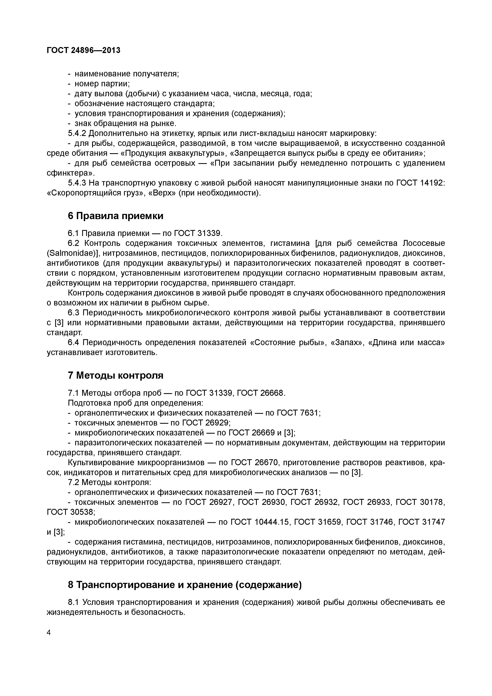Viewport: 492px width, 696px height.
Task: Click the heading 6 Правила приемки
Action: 116,216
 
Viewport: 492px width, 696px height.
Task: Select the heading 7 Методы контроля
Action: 116,375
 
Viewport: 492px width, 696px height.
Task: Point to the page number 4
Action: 49,632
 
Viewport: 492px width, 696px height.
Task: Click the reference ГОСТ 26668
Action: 260,393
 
